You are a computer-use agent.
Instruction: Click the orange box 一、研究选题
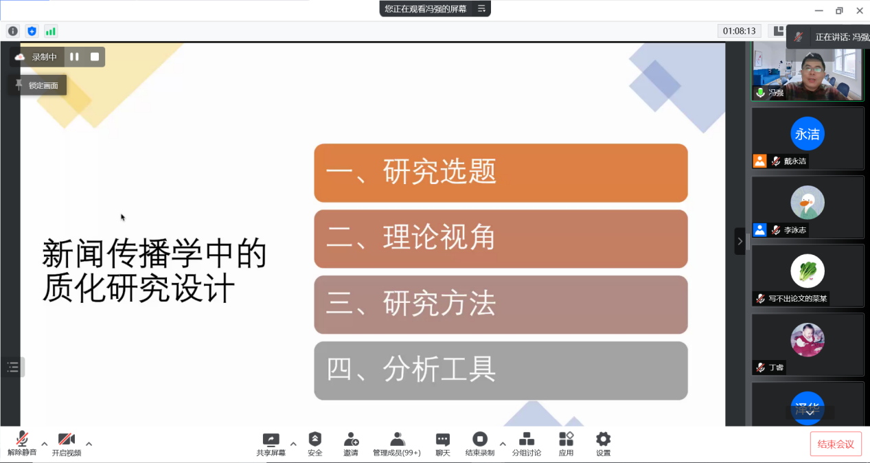tap(501, 173)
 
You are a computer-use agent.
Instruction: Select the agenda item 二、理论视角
tap(501, 239)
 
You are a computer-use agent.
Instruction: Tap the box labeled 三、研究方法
tap(501, 305)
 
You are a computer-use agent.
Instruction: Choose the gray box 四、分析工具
tap(501, 370)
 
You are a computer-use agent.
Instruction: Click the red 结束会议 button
tap(836, 444)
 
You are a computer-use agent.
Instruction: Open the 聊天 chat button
tap(443, 444)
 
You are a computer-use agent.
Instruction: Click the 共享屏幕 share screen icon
tap(271, 440)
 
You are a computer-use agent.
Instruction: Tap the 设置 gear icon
tap(603, 440)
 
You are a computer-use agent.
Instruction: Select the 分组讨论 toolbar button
tap(526, 444)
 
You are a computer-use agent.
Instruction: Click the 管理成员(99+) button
tap(397, 444)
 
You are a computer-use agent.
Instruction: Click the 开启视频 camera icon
tap(67, 440)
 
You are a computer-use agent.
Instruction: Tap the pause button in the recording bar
tap(74, 57)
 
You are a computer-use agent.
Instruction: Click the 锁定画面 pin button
tap(38, 85)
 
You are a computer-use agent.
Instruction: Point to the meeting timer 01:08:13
tap(739, 31)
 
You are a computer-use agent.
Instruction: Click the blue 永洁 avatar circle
tap(808, 134)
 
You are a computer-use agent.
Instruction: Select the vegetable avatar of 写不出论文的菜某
tap(808, 271)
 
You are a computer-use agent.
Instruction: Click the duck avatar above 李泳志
tap(808, 203)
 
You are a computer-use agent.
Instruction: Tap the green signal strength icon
tap(51, 31)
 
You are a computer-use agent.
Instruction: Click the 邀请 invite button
tap(351, 444)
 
